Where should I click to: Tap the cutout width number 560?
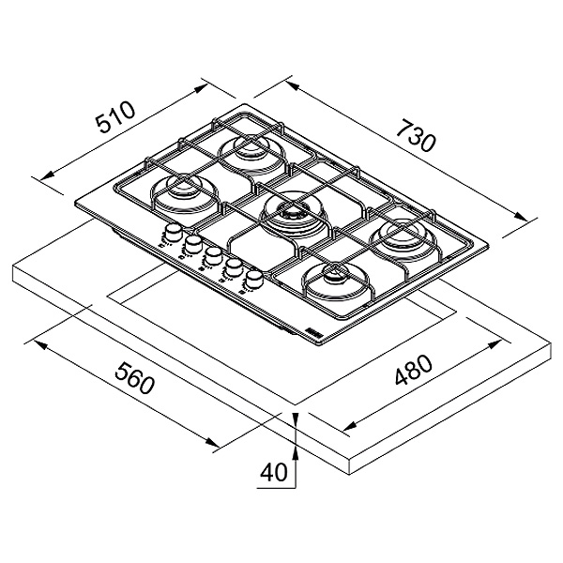[132, 383]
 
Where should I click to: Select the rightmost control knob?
[252, 280]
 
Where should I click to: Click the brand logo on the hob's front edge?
[309, 332]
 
